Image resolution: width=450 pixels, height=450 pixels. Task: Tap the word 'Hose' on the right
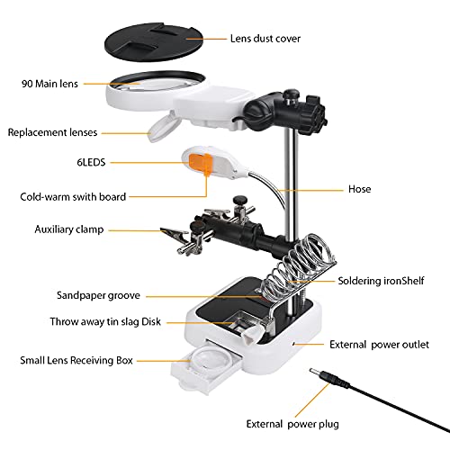pos(359,190)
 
